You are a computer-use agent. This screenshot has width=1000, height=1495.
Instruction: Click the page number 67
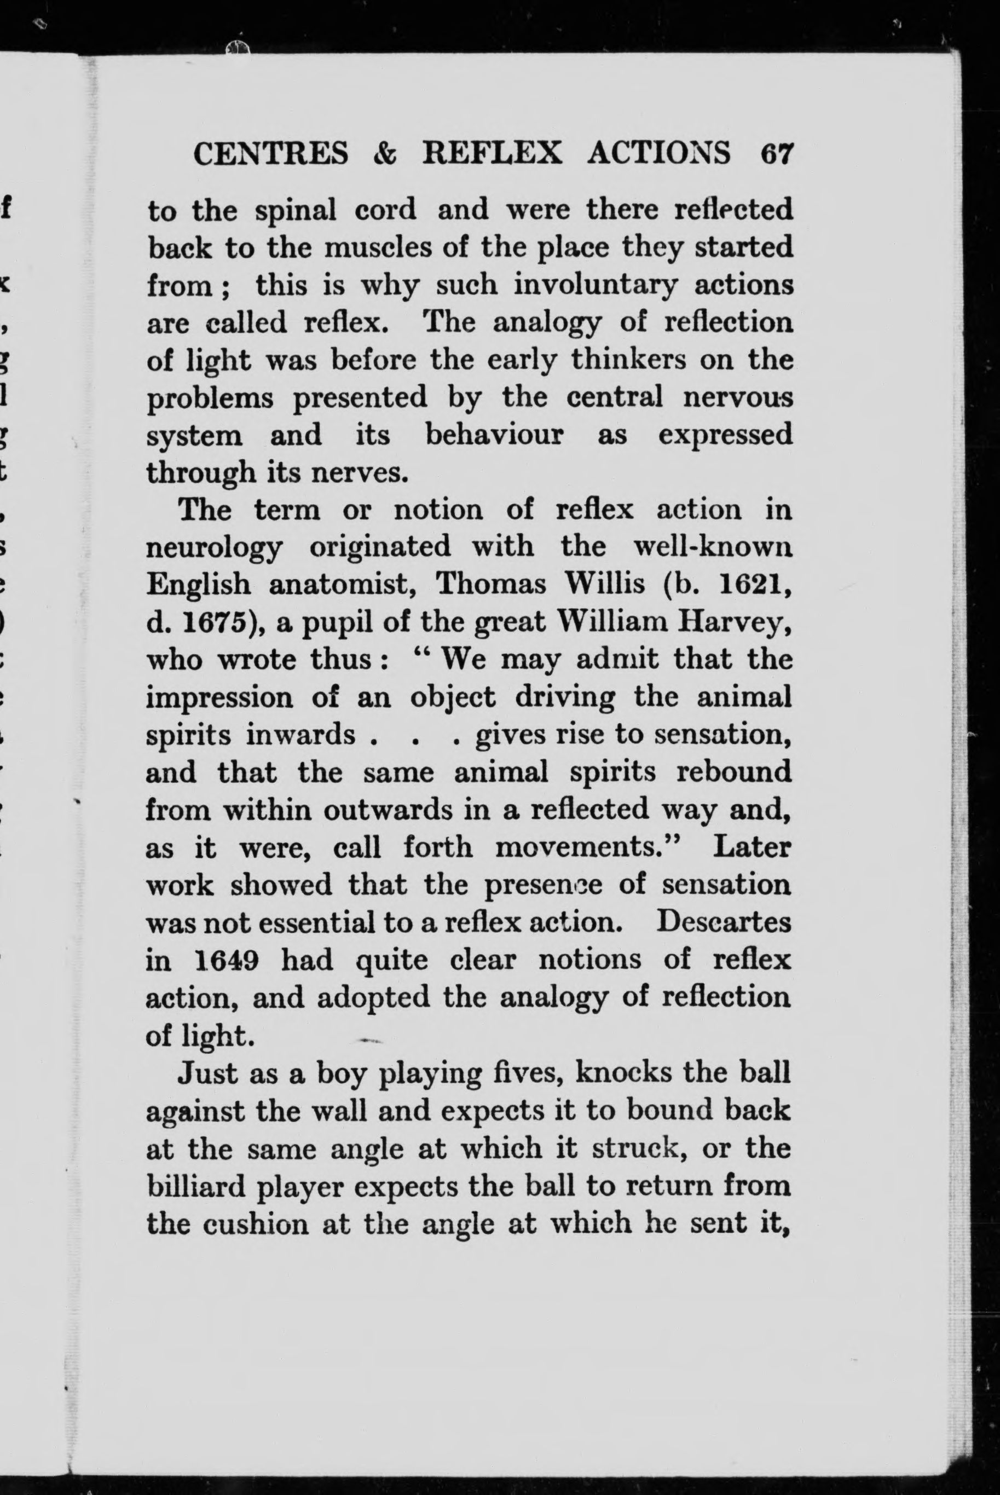[x=776, y=154]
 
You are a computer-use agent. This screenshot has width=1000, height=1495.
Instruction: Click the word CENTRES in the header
[x=271, y=154]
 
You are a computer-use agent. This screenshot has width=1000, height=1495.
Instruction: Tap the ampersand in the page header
[x=385, y=154]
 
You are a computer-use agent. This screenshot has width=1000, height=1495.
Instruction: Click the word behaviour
[x=494, y=436]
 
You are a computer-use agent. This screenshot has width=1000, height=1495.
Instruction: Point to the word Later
[x=753, y=847]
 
